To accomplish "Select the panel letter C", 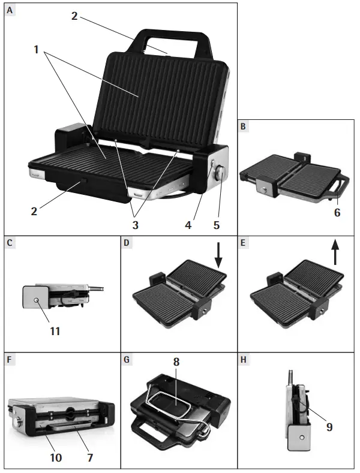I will [x=10, y=244].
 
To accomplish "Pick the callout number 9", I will [x=329, y=427].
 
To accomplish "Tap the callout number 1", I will [x=37, y=50].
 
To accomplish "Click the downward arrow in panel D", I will [x=218, y=255].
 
